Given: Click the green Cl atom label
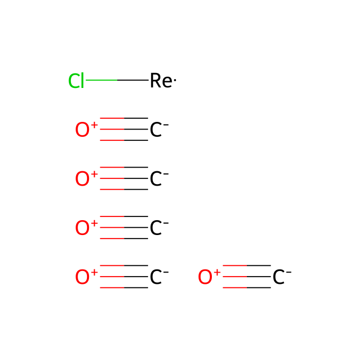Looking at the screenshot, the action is (x=76, y=81).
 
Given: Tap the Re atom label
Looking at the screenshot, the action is (x=161, y=81).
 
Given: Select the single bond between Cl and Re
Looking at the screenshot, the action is (x=117, y=80).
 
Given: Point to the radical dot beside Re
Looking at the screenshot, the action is (x=175, y=80).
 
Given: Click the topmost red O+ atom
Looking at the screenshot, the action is (x=86, y=129).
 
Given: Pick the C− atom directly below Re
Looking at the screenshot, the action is (x=159, y=130).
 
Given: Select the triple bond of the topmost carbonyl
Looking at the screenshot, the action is (x=124, y=129).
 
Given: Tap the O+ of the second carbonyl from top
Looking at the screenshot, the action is (x=86, y=178).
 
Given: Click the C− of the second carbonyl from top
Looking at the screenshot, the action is (x=159, y=178).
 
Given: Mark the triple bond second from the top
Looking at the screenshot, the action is (x=124, y=178).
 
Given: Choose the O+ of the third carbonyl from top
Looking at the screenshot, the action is (x=86, y=227).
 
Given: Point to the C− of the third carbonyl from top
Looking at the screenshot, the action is (x=159, y=228).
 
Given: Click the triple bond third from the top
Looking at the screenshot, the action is (x=124, y=227).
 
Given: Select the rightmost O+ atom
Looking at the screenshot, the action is (x=209, y=277).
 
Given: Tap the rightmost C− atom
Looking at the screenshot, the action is (x=282, y=277).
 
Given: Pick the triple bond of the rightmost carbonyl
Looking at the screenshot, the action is (x=247, y=277).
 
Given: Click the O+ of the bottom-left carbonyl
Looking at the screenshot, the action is (x=86, y=277).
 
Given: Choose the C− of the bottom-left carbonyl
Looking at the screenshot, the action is (x=159, y=277).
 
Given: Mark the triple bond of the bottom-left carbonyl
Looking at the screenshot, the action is (x=124, y=277).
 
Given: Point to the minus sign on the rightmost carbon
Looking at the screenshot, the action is (x=289, y=272).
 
